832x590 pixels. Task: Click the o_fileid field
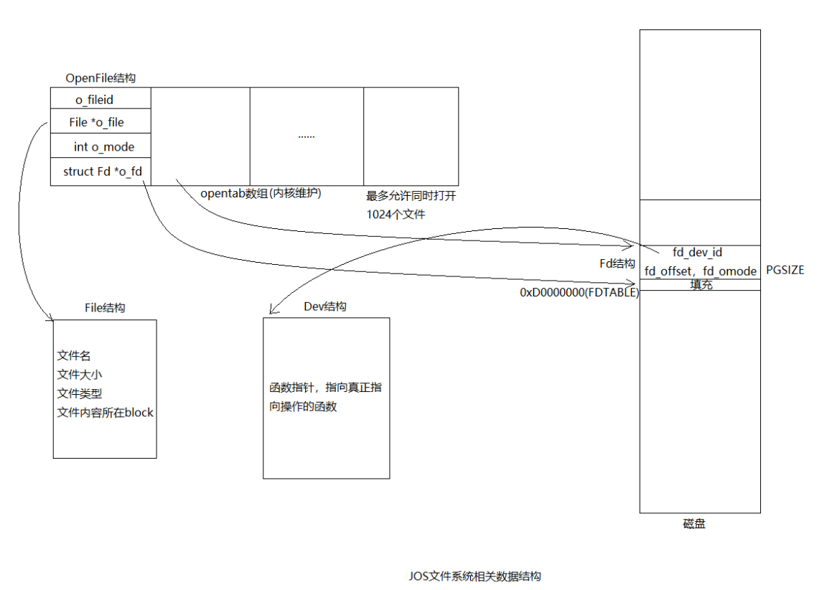click(x=95, y=100)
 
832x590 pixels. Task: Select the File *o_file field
click(x=96, y=122)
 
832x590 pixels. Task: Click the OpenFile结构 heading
click(x=101, y=78)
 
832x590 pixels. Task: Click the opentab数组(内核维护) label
click(x=261, y=193)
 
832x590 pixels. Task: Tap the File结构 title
click(x=105, y=307)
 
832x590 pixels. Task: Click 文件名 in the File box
click(x=74, y=355)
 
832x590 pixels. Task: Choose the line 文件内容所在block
click(x=105, y=413)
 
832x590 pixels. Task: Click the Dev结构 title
click(x=325, y=306)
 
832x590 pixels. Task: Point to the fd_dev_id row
click(x=697, y=253)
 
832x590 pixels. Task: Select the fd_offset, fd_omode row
click(x=700, y=271)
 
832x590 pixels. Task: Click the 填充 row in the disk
click(x=701, y=285)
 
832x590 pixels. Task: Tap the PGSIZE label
click(x=785, y=271)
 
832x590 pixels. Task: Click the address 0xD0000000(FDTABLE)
click(x=579, y=293)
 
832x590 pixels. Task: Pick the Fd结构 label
click(x=617, y=263)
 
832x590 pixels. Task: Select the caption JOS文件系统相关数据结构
click(x=475, y=576)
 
